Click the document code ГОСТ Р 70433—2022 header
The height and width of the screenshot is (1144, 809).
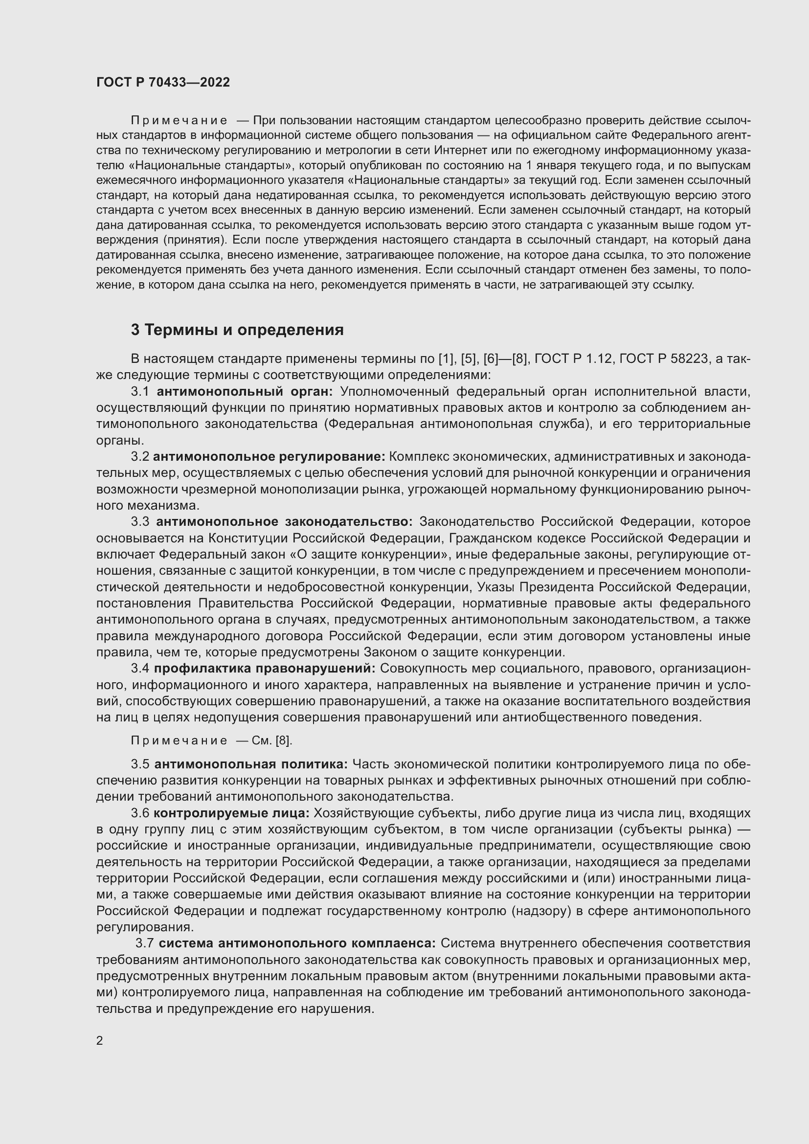tap(163, 82)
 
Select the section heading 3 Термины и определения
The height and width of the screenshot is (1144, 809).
tap(237, 330)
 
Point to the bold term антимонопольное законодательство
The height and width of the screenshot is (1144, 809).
tap(285, 522)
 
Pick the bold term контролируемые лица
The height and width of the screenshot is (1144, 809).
tap(232, 813)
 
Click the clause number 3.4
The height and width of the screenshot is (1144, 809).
tap(140, 668)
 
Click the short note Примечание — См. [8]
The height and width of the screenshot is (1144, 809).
tap(211, 741)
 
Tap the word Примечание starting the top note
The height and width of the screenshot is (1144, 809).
tap(179, 121)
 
